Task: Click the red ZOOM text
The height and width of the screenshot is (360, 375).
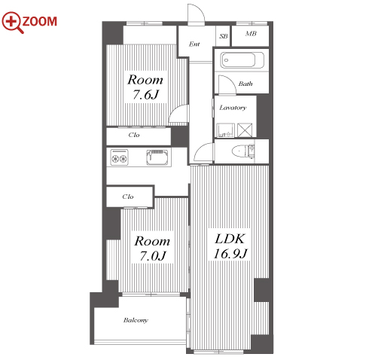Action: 40,21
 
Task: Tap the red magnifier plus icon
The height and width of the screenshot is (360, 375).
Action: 12,22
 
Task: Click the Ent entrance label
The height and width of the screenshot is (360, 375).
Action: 194,44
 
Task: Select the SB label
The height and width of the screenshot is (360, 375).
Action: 224,36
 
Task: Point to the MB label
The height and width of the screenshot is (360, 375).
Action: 251,33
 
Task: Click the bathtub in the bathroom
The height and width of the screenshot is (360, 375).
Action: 242,60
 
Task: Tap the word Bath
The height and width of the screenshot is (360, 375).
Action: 245,84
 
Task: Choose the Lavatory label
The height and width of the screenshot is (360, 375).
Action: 233,108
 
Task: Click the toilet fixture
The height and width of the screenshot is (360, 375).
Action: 242,151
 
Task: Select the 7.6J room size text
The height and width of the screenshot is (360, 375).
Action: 145,95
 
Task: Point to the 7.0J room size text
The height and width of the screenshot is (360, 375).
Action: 153,256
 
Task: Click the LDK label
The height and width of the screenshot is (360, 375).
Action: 230,239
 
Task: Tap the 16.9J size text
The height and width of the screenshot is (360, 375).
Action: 230,254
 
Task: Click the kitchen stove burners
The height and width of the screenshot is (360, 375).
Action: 120,157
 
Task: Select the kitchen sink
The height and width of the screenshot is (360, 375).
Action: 157,157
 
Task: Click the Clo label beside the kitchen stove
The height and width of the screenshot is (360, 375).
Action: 134,135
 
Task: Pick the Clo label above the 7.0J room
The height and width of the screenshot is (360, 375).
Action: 128,197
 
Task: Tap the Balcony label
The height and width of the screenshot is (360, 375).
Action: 136,320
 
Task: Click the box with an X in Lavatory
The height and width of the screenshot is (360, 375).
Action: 245,130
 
